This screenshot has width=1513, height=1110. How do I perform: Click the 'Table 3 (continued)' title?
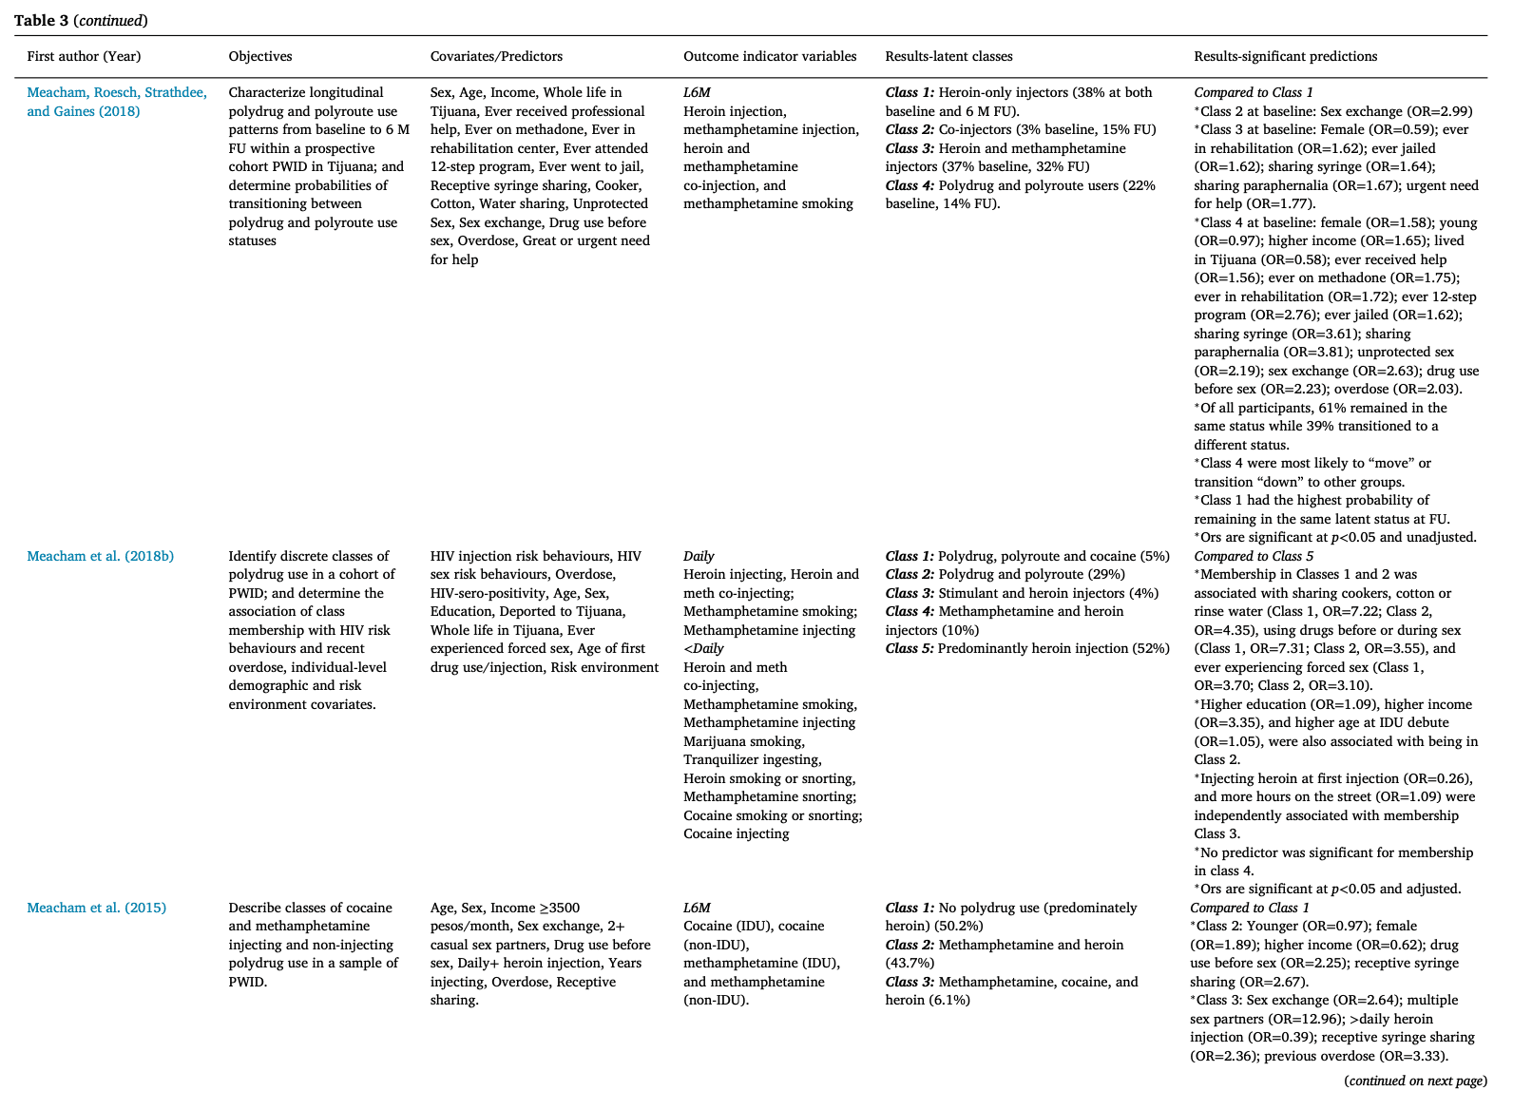[x=81, y=20]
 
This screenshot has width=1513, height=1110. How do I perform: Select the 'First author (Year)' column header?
[x=84, y=56]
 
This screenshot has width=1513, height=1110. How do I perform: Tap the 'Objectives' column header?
[x=260, y=56]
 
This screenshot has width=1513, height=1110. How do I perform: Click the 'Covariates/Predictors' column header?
[x=496, y=56]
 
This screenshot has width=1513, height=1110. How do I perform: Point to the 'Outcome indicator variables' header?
[x=770, y=56]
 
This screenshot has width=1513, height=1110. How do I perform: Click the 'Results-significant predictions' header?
[x=1285, y=56]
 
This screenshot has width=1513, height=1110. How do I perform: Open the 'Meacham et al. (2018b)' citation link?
[x=100, y=556]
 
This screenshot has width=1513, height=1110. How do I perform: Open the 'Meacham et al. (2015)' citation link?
[x=96, y=908]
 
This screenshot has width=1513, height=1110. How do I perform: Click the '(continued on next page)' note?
[x=1415, y=1081]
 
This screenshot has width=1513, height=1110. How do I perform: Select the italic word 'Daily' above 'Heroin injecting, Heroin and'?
[x=699, y=556]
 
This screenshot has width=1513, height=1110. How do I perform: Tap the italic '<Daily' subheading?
[x=703, y=648]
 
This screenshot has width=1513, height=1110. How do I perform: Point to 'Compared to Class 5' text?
[x=1254, y=556]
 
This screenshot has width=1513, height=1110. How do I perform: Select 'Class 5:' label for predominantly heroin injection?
[x=910, y=648]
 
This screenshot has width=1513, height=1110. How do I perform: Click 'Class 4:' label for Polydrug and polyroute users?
[x=910, y=185]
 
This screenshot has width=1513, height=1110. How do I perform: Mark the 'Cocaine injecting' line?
[x=737, y=833]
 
